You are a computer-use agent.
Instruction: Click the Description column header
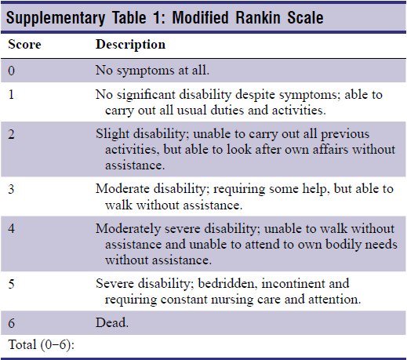pos(130,45)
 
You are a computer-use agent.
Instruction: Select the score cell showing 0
pos(12,69)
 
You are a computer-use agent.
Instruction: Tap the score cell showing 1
pos(12,94)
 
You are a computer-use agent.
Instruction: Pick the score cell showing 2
pos(12,133)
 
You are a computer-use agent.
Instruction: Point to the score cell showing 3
pos(12,188)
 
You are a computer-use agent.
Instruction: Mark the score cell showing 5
pos(12,282)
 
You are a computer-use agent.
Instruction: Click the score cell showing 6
pos(12,322)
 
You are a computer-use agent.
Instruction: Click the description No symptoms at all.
pos(152,69)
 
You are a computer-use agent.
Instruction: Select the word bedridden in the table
pos(221,282)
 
